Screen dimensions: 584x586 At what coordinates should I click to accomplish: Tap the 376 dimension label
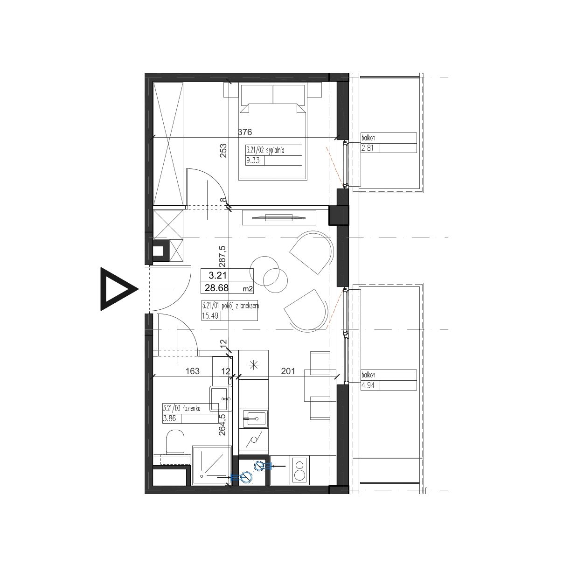[245, 132]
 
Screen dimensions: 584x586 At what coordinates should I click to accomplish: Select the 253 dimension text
[223, 151]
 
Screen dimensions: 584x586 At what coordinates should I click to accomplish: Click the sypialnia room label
[275, 150]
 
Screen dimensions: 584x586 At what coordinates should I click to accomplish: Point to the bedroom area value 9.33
[253, 160]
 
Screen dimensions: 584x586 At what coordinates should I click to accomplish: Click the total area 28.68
[216, 288]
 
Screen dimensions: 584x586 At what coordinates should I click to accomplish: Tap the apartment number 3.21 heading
[217, 276]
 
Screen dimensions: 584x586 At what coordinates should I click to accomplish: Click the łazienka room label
[191, 409]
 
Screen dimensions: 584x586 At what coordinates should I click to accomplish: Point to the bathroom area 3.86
[169, 419]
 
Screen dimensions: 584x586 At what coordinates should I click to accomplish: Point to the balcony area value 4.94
[368, 385]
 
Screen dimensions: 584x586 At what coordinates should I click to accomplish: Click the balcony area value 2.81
[368, 148]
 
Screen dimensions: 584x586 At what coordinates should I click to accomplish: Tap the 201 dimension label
[288, 371]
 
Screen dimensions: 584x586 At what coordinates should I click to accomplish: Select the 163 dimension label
[193, 371]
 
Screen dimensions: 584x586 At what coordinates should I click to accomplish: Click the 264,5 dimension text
[222, 425]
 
